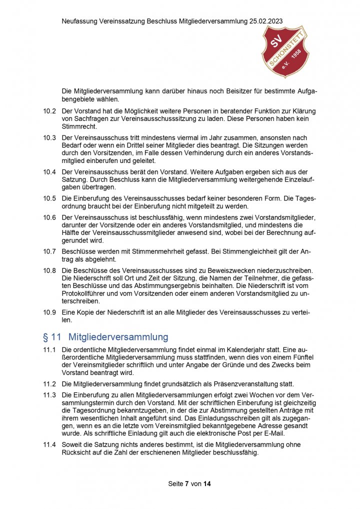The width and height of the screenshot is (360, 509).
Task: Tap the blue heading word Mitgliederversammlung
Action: coord(118,337)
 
